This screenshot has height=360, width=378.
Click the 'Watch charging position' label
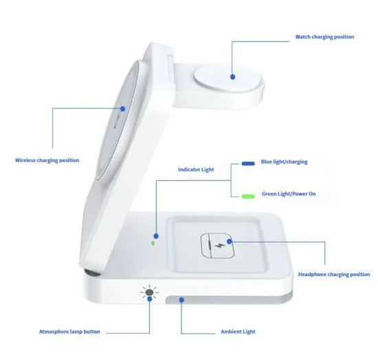[324, 37]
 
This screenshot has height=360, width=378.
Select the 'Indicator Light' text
[196, 169]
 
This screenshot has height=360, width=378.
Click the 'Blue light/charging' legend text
[284, 162]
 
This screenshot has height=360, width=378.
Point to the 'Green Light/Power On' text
[289, 194]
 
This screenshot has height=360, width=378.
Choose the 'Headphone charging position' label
[334, 274]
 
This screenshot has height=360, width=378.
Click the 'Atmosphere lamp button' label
[69, 332]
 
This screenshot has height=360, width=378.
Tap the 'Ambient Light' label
[238, 332]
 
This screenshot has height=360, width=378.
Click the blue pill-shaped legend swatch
[248, 164]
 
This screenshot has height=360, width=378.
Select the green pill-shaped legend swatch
[248, 196]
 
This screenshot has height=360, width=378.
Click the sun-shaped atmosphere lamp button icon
[149, 293]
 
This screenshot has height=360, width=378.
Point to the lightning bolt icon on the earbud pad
[219, 245]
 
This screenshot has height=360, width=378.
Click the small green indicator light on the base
[154, 242]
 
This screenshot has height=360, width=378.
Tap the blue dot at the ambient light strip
[181, 300]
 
